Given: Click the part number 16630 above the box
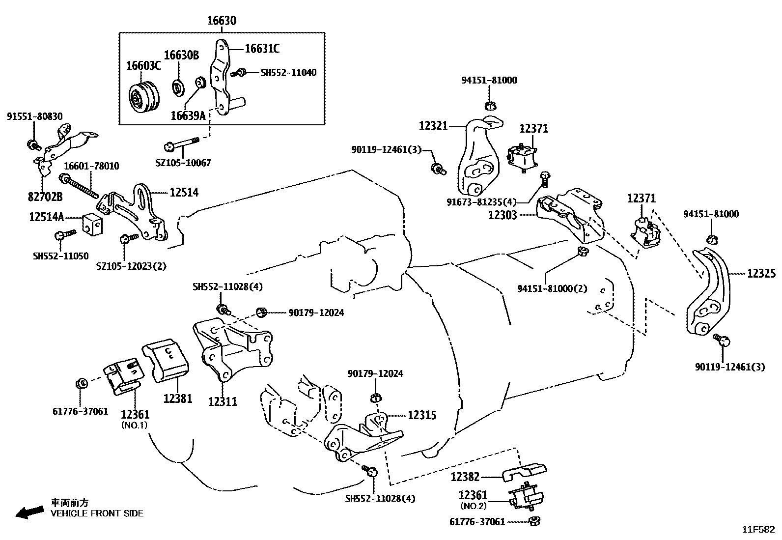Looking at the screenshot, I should point(221,21).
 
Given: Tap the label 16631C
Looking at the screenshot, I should point(262,48).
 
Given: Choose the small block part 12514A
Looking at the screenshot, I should point(92,225).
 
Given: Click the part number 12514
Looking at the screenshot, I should point(184,193).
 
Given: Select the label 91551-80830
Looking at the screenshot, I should point(34,116).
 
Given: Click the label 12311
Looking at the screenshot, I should point(223,401).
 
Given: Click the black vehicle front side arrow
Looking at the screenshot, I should point(28,512).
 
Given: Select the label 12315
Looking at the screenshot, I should point(422,415).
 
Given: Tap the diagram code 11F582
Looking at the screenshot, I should point(758,529).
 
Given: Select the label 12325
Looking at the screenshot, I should point(761,274).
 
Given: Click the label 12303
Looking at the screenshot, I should point(503,215).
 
